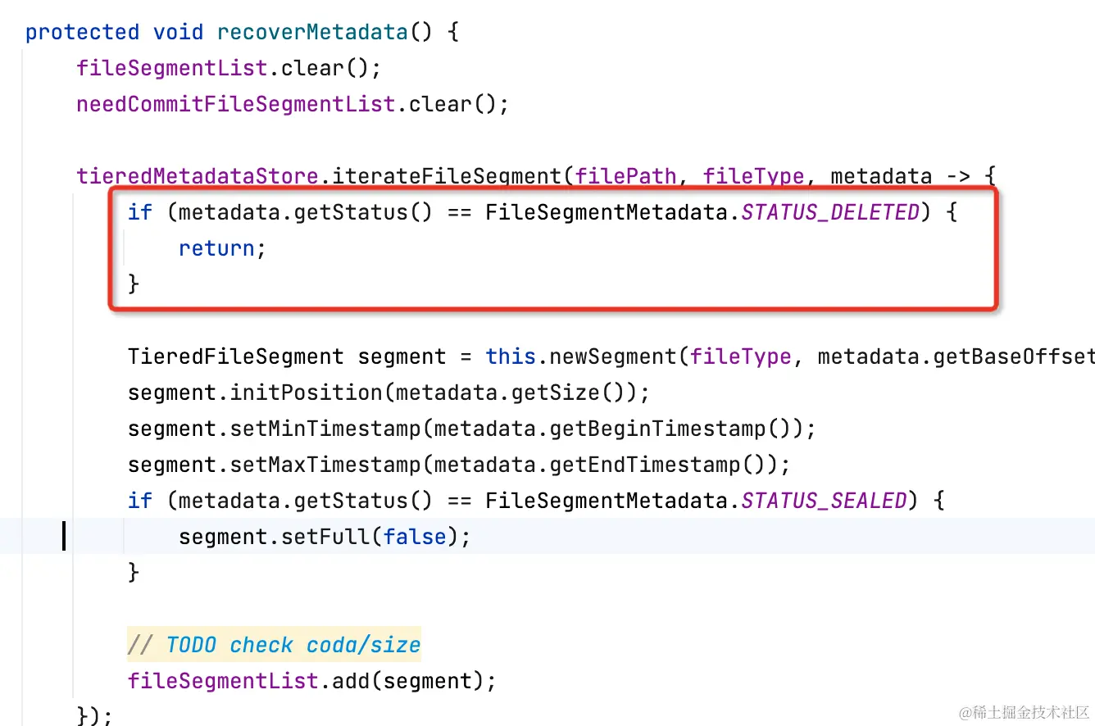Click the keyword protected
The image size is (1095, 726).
tap(82, 32)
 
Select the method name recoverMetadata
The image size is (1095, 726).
tap(312, 32)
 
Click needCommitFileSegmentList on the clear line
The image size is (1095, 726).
tap(236, 104)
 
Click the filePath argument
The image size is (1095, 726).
tap(626, 176)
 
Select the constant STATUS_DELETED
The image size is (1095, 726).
tap(830, 212)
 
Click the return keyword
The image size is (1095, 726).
tap(216, 248)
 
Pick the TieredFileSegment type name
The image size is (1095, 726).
tap(235, 356)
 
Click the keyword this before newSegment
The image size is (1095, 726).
tap(511, 356)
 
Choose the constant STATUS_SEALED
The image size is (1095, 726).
tap(824, 501)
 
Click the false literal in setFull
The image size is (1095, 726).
tap(415, 537)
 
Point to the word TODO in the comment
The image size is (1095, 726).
tap(191, 645)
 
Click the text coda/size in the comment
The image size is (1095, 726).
tap(363, 645)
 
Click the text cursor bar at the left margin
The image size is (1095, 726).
tap(64, 537)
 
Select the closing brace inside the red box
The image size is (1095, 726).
tap(134, 284)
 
